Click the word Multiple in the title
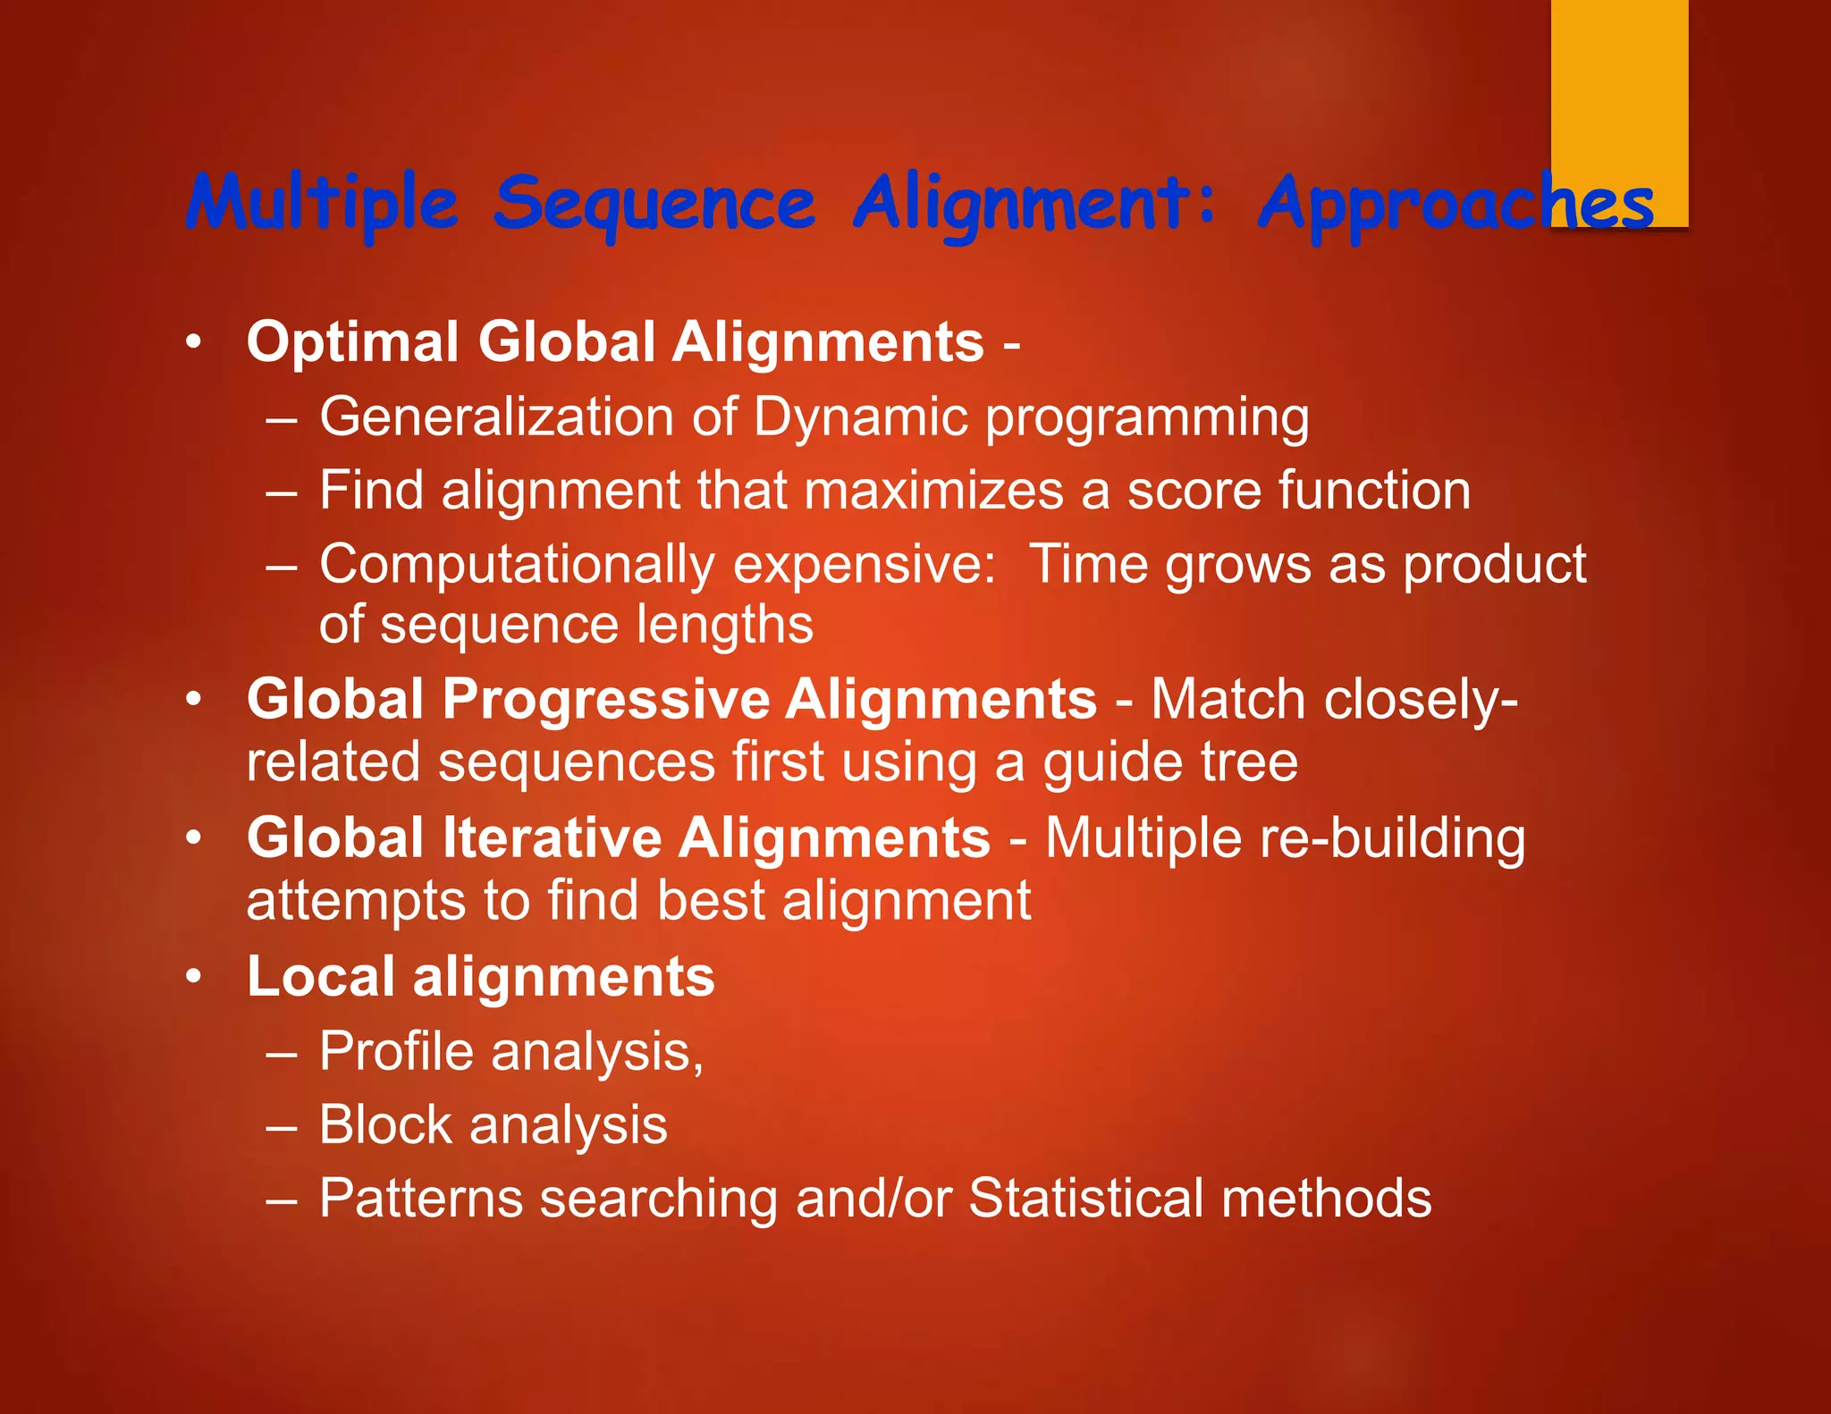(x=322, y=204)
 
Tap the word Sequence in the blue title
(x=654, y=204)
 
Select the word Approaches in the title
(x=1456, y=204)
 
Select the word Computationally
(x=517, y=565)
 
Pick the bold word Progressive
(x=604, y=699)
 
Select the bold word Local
(x=319, y=976)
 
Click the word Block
(x=385, y=1124)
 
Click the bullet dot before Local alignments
(x=193, y=977)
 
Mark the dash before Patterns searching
(x=281, y=1199)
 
